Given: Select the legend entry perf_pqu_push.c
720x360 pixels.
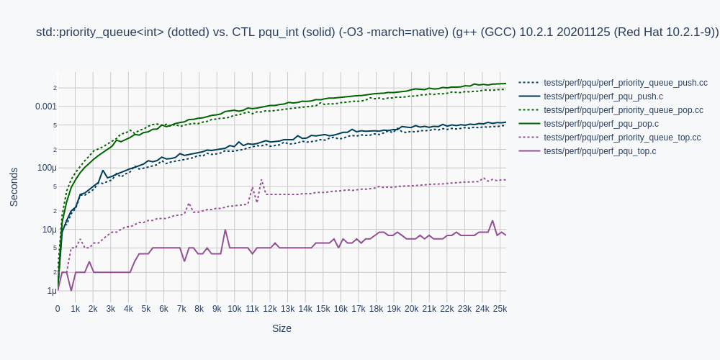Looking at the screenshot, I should [x=603, y=96].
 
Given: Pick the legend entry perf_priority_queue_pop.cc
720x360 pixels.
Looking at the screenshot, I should [x=624, y=110].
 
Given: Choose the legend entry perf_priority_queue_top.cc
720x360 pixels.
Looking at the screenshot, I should [x=622, y=138].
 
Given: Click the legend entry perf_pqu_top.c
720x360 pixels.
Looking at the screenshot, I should [x=600, y=151].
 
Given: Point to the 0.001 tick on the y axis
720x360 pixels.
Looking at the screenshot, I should [x=45, y=107].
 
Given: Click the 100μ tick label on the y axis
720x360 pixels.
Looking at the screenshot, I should [x=46, y=168].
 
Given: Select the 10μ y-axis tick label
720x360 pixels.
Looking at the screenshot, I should [x=49, y=230].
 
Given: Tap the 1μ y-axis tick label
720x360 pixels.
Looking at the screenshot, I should [x=51, y=291].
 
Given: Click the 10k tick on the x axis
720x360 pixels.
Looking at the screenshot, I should [x=234, y=309].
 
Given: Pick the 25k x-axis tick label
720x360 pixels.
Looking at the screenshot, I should [x=500, y=309].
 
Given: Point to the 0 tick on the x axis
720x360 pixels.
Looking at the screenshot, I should [x=58, y=309].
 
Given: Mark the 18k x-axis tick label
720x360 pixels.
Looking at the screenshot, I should [x=376, y=309].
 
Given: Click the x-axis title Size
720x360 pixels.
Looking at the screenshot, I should [x=282, y=328].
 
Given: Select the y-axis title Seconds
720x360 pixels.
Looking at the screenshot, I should [x=14, y=186].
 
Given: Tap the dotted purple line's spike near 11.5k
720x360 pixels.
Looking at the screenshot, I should [x=261, y=180].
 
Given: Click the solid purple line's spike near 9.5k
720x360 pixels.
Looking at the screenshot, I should [x=225, y=230].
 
